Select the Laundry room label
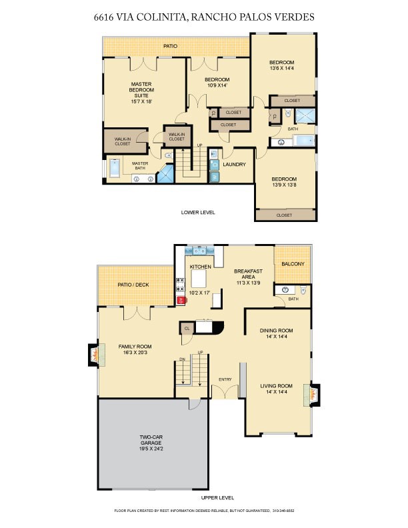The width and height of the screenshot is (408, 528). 234,165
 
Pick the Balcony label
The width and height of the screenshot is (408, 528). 292,265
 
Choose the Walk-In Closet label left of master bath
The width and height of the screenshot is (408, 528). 122,141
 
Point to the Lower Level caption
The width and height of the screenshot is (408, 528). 198,213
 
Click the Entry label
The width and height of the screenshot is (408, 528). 225,380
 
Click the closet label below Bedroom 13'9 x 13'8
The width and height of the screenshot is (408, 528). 284,215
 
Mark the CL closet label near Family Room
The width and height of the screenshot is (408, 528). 187,328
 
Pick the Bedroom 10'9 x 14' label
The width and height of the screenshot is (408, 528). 217,82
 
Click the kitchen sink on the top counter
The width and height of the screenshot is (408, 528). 199,251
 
